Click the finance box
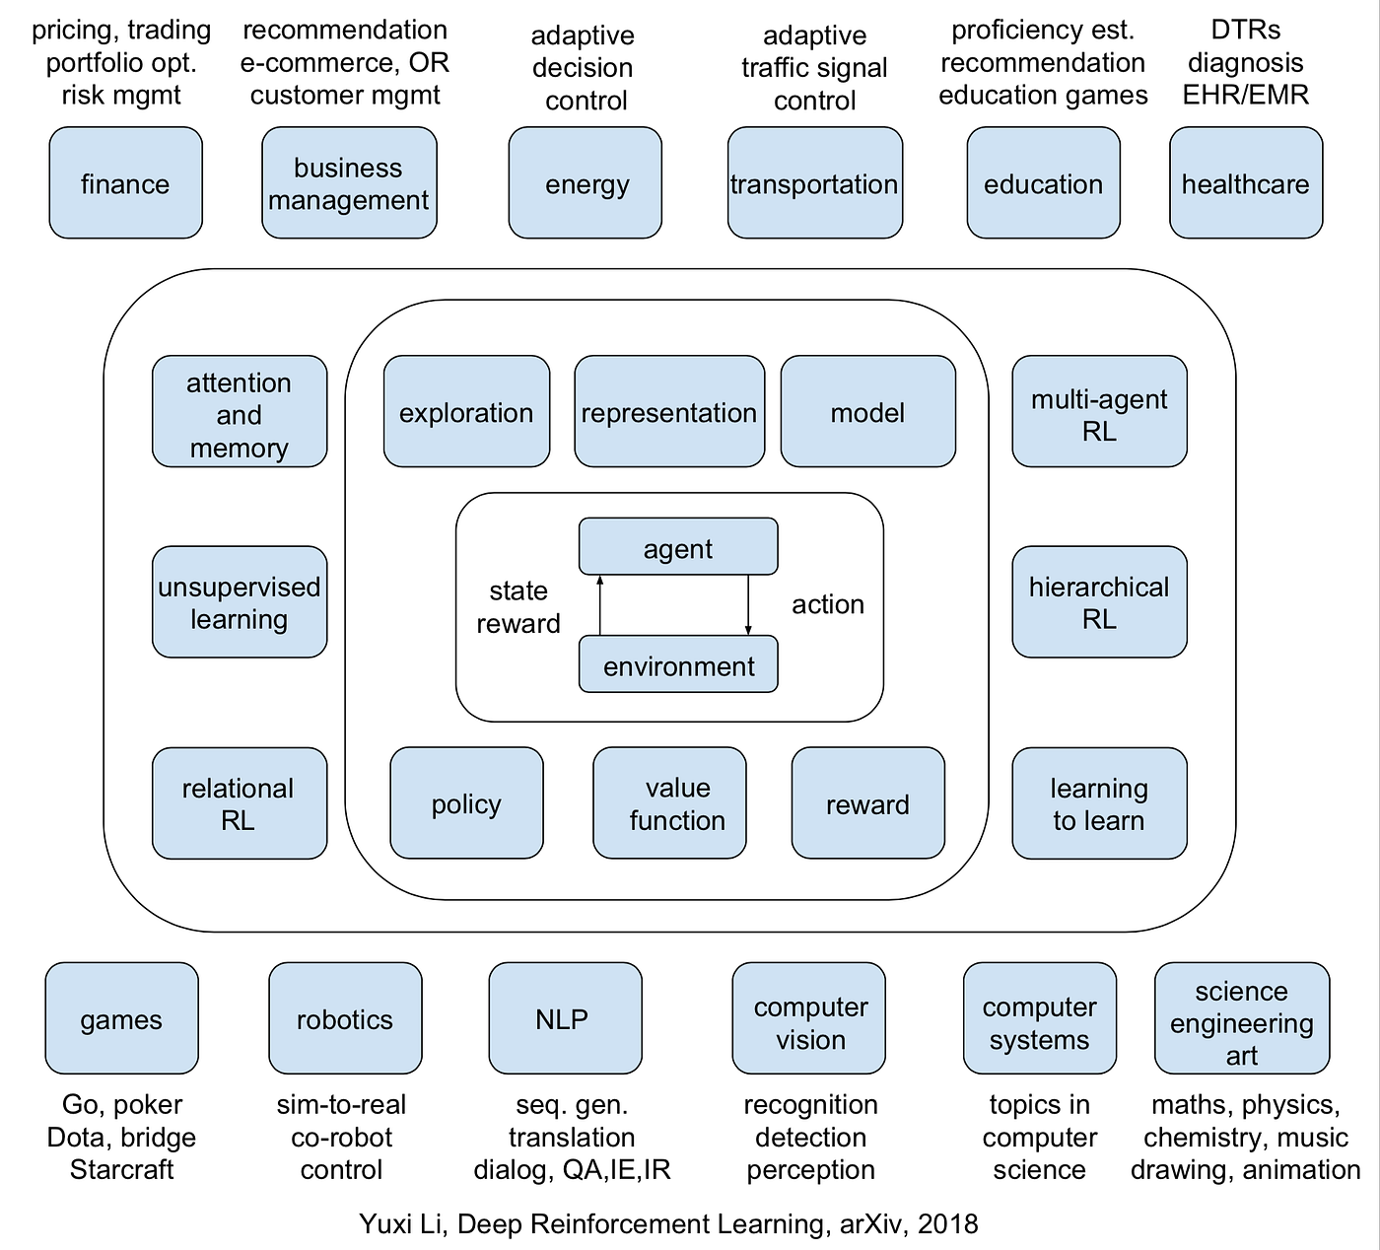point(125,183)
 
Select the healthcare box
point(1245,183)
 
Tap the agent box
point(678,547)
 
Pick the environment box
point(678,665)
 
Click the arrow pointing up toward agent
point(600,605)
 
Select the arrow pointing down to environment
point(748,605)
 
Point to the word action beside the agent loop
point(828,604)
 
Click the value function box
point(669,803)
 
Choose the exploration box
point(466,412)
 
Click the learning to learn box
point(1099,803)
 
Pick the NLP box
point(565,1019)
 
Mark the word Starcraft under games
point(121,1170)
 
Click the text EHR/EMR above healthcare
point(1246,95)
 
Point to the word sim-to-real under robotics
point(341,1105)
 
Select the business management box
point(349,183)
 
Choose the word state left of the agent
point(518,590)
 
